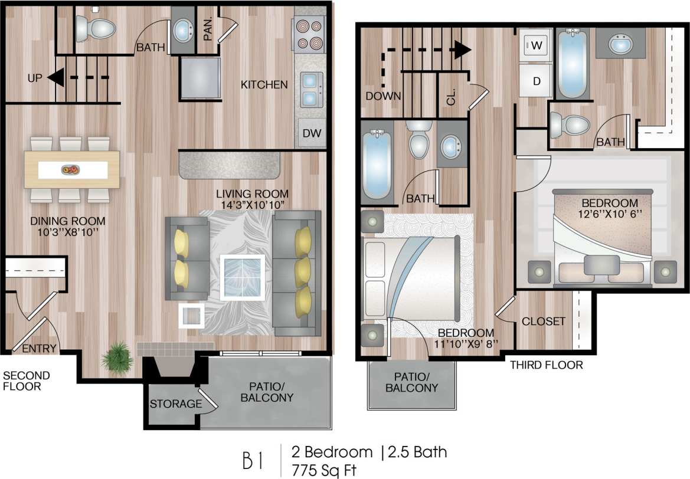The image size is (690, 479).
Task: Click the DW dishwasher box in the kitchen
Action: pos(311,133)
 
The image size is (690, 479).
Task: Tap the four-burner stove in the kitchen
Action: pos(309,34)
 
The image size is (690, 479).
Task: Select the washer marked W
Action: pos(537,44)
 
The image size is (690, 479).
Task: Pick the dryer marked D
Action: pos(537,81)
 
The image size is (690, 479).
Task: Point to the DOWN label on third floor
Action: pos(384,96)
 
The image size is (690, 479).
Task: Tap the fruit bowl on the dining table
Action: pos(70,170)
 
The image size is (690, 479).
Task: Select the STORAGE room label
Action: pos(175,404)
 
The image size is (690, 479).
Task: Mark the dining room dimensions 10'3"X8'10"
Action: pos(68,233)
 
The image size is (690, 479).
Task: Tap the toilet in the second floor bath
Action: pos(96,27)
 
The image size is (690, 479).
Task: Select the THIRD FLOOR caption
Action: pos(546,365)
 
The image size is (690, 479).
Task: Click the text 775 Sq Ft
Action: pos(325,470)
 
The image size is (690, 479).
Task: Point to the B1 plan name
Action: pos(253,460)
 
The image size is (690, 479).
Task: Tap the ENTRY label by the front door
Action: pos(40,349)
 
